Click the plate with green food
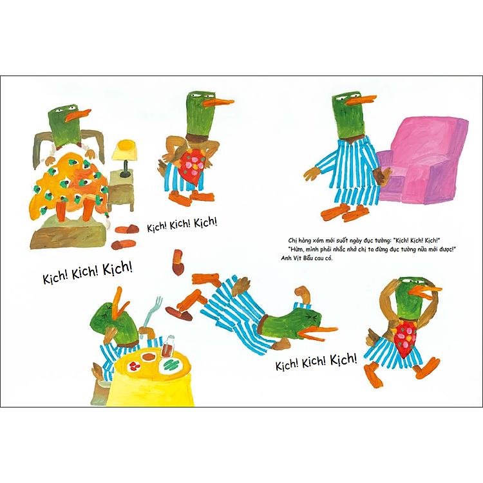point(173,365)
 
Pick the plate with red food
point(137,366)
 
